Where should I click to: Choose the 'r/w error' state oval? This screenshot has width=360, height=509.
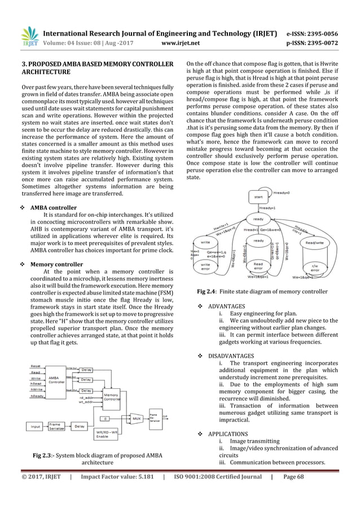[314, 268]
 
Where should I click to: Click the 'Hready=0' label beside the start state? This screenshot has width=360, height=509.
[282, 192]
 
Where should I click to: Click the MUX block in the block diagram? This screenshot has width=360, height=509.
[136, 419]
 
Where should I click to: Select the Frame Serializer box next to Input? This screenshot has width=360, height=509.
[55, 427]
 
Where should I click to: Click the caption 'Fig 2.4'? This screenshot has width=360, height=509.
[205, 291]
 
